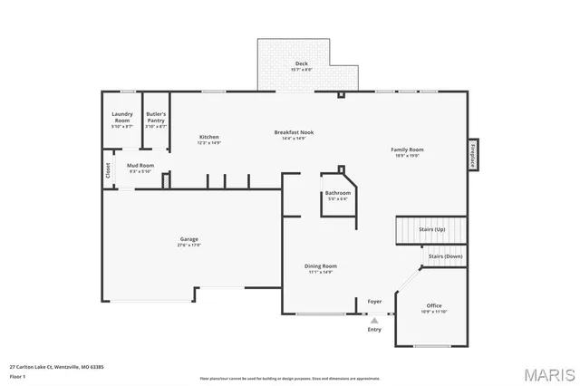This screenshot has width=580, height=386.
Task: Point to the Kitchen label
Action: click(209, 137)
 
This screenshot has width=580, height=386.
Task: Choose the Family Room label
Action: click(407, 150)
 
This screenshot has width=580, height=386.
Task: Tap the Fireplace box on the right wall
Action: click(472, 154)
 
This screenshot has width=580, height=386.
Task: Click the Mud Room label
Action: click(140, 166)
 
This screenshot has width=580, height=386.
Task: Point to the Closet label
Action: click(108, 169)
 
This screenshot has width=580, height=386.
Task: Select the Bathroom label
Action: click(337, 193)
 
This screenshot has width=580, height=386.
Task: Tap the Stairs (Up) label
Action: click(432, 230)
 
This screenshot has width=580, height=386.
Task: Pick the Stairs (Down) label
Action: click(445, 256)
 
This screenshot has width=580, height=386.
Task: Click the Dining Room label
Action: click(321, 265)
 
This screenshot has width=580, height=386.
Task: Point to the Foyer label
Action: click(374, 301)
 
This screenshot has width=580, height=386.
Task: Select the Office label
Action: click(434, 305)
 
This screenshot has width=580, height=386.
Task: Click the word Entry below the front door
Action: click(374, 329)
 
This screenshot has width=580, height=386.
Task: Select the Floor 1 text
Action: click(17, 375)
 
